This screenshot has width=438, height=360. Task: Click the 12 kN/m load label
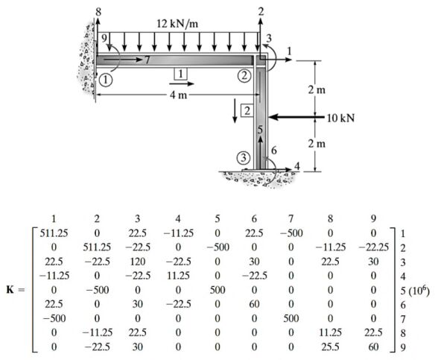[177, 24]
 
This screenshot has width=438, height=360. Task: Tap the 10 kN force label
[340, 119]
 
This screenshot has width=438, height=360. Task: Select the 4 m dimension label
[179, 95]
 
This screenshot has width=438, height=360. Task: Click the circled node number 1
[106, 80]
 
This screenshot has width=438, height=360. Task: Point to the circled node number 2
[244, 75]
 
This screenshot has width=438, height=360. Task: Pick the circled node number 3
[244, 158]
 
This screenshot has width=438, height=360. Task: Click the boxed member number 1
[180, 74]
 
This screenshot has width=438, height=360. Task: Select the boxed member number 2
[247, 111]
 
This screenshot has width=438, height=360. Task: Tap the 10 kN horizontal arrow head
[273, 117]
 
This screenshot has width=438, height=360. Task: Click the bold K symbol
[10, 289]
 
